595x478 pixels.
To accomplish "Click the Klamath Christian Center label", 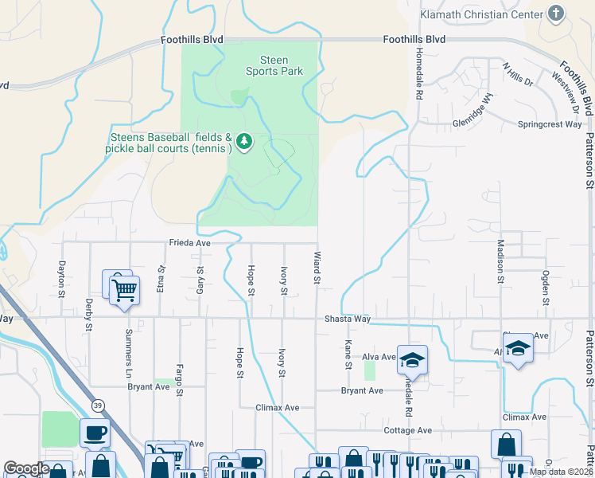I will point(480,14).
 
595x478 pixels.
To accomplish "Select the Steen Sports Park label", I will point(274,65).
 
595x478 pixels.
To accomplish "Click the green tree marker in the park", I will point(245,142).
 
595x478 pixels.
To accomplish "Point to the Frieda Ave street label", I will point(189,243).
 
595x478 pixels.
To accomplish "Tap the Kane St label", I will point(348,355).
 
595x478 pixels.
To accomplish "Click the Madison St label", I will point(500,261).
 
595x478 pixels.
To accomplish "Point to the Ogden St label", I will point(546,288).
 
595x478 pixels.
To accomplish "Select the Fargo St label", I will point(179,380).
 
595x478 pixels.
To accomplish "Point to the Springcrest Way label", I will point(550,124).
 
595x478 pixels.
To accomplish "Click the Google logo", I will point(27,468).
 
